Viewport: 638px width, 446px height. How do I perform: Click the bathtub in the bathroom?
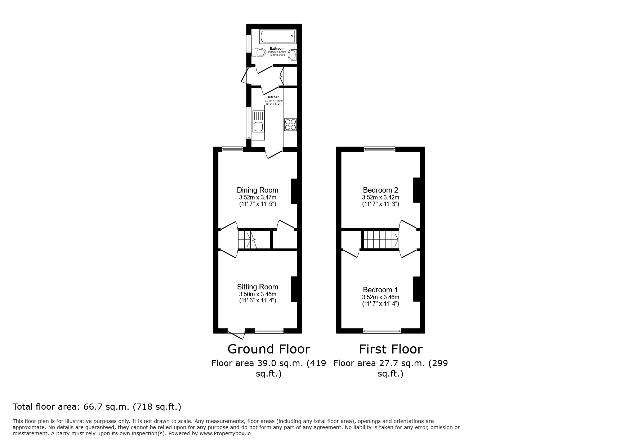(278, 37)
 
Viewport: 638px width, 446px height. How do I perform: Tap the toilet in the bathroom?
(258, 53)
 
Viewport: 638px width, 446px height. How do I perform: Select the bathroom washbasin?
(293, 55)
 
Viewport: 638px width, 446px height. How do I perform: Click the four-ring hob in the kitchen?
(290, 124)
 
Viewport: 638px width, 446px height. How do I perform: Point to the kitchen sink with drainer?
(258, 122)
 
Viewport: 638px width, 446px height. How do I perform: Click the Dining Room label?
(257, 190)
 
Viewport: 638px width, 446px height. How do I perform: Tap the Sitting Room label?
(257, 287)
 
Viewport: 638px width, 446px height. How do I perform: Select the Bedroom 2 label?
(380, 190)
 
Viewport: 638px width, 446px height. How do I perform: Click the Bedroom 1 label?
(380, 290)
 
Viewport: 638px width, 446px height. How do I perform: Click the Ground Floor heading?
(268, 349)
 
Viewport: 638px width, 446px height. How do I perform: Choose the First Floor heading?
(390, 349)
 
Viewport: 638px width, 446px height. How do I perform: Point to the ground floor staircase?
(247, 240)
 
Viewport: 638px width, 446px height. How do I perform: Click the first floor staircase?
(380, 240)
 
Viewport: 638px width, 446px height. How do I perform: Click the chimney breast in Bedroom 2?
(416, 190)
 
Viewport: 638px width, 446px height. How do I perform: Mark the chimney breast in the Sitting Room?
(294, 289)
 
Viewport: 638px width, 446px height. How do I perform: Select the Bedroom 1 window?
(382, 330)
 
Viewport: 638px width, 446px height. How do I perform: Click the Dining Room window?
(232, 149)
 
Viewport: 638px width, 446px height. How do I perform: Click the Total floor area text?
(97, 407)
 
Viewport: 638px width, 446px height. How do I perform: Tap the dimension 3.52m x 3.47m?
(257, 198)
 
